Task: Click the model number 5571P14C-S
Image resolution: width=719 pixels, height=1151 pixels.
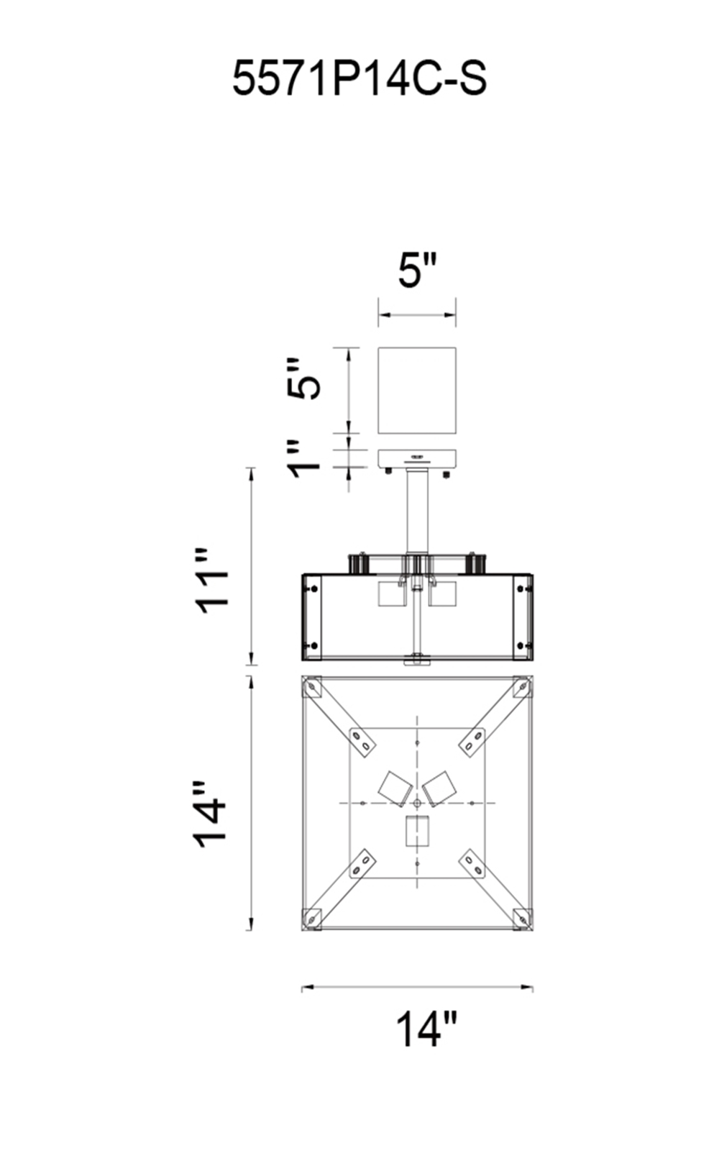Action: tap(359, 78)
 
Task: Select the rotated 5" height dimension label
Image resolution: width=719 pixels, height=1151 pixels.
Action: tap(303, 378)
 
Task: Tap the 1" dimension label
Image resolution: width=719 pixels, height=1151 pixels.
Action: tap(303, 458)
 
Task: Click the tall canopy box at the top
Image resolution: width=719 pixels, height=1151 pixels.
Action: tap(417, 391)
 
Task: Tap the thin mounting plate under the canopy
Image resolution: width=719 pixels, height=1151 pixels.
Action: tap(417, 458)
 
